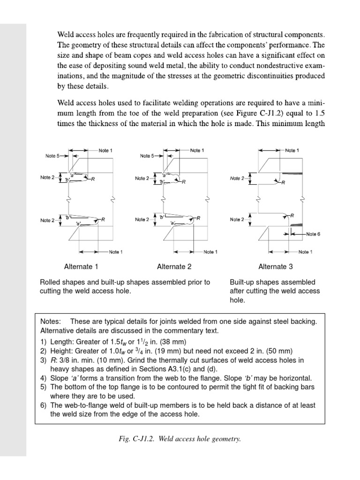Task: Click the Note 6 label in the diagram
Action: [313, 233]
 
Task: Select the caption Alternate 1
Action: [81, 267]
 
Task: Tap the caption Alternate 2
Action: [174, 267]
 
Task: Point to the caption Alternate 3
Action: [276, 267]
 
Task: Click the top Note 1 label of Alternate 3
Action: [291, 150]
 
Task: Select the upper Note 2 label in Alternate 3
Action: [237, 178]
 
